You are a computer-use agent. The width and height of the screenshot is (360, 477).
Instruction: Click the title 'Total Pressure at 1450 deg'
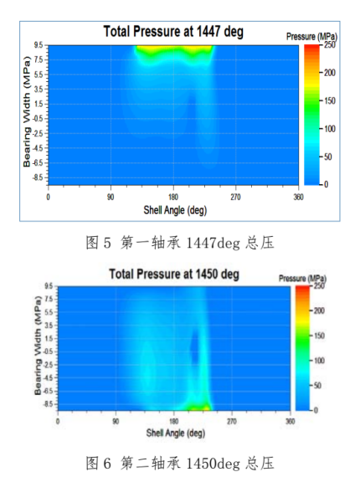(x=173, y=274)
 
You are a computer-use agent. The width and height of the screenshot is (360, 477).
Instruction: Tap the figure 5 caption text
(x=180, y=244)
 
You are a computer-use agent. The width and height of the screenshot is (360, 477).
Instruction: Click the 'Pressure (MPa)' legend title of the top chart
(x=311, y=37)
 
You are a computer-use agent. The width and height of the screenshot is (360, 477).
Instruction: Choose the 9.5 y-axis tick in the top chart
(x=38, y=45)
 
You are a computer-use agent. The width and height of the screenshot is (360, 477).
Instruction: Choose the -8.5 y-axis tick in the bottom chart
(x=49, y=403)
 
